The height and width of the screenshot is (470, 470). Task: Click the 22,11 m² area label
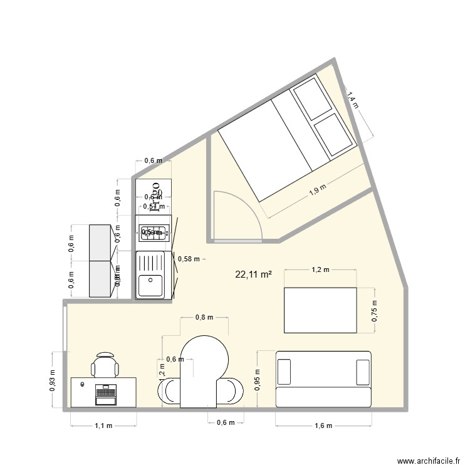click(x=253, y=274)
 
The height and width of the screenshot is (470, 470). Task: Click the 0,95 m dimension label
click(x=258, y=379)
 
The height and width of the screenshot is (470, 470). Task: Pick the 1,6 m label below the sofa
click(x=323, y=426)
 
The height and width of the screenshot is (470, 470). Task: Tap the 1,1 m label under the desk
click(x=103, y=426)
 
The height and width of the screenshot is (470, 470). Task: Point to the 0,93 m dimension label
click(x=53, y=380)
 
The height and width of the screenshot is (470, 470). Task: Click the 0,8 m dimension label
click(x=204, y=317)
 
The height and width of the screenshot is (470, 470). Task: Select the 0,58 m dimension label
click(x=189, y=258)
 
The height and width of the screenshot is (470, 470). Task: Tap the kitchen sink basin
click(x=150, y=286)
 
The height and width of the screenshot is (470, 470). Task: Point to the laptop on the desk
click(x=105, y=394)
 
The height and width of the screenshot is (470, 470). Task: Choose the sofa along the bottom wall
click(x=323, y=379)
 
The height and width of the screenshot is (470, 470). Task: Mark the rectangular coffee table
click(x=320, y=310)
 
